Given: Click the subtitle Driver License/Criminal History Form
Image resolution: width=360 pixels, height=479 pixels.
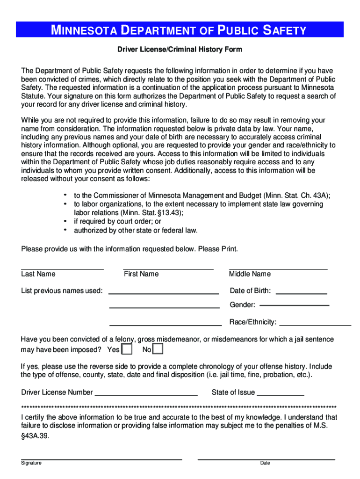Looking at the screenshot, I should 180,49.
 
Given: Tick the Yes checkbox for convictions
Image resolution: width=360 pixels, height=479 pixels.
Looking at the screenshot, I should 127,349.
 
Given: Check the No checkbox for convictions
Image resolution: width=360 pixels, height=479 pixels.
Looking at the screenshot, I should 158,349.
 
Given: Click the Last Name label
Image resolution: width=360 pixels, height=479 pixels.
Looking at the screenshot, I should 38,274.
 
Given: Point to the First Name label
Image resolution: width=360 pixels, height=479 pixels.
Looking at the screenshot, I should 141,274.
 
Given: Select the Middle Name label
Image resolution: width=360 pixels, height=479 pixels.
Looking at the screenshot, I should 250,274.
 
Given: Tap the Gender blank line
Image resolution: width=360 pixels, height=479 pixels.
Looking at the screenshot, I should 294,305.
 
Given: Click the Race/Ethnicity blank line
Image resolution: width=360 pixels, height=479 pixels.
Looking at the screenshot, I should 315,324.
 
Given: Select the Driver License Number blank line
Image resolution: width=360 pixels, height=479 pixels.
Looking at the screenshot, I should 146,395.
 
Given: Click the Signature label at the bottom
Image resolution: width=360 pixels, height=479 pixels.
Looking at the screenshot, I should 31,463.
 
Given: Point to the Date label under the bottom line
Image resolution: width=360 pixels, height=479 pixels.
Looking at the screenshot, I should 265,463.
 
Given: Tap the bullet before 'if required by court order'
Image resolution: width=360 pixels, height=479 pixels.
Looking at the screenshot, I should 65,221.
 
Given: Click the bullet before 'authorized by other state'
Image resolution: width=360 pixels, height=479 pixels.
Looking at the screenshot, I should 65,230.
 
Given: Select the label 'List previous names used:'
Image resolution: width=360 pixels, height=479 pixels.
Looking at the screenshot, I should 62,291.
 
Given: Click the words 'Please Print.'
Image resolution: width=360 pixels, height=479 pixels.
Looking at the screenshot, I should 218,249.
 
